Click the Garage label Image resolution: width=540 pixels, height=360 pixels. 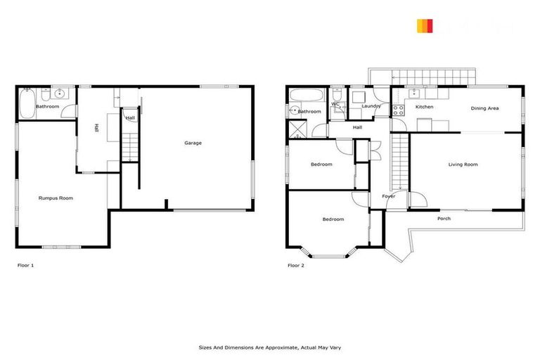(193, 143)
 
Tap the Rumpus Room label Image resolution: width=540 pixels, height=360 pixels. (56, 198)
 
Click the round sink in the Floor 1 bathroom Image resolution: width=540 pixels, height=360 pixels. (60, 92)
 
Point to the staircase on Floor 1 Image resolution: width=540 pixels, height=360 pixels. (128, 146)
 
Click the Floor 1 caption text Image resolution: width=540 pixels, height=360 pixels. (25, 266)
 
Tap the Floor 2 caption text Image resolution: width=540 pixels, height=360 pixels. (295, 266)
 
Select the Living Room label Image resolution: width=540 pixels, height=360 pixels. (463, 165)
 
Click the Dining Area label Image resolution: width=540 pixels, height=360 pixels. (484, 108)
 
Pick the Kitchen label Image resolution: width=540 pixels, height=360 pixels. (424, 107)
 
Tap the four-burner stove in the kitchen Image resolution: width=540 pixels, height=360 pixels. (397, 109)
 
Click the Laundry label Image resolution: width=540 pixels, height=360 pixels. (371, 106)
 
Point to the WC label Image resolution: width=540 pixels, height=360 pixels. (335, 104)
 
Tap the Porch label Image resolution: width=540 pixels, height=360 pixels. (444, 219)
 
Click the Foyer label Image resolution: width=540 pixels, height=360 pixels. (388, 196)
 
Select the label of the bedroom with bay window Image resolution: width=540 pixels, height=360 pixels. (333, 219)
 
